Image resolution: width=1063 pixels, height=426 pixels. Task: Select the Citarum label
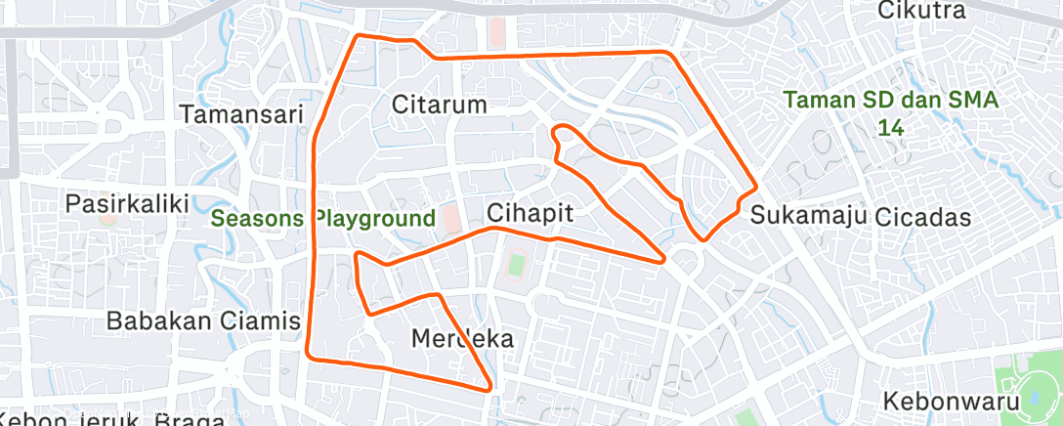click(x=439, y=104)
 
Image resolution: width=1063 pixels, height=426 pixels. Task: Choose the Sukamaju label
click(x=809, y=215)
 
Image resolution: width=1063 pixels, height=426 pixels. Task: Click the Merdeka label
click(x=462, y=338)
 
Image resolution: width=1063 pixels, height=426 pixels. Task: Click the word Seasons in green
click(x=258, y=218)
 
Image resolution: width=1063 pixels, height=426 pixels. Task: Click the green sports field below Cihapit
click(x=517, y=265)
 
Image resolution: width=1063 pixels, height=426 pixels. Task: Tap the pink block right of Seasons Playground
click(x=450, y=217)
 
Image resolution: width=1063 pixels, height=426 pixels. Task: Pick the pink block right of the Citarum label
click(x=497, y=33)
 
